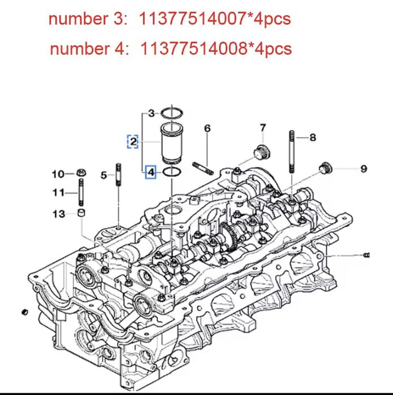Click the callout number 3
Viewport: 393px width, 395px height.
[x=151, y=113]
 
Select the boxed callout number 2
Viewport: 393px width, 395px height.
[x=133, y=141]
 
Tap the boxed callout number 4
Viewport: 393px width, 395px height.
[x=151, y=171]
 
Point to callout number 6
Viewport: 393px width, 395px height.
[x=208, y=129]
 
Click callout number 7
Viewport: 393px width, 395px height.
[x=263, y=128]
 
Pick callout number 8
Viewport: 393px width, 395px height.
[x=313, y=137]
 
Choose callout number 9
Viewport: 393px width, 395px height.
[x=364, y=168]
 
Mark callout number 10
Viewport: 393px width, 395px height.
[x=58, y=173]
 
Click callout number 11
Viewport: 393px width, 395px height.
[x=58, y=193]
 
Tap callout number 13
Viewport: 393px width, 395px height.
[x=59, y=214]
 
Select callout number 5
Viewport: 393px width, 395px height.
[x=103, y=176]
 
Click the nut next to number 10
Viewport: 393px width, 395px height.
[x=81, y=173]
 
